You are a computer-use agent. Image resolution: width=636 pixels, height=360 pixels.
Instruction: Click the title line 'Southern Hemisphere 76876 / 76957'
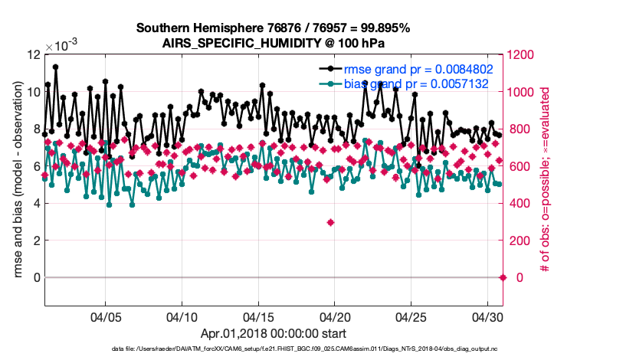pyautogui.click(x=273, y=28)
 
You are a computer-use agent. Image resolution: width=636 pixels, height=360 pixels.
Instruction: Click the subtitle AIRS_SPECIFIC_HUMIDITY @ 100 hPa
pyautogui.click(x=273, y=43)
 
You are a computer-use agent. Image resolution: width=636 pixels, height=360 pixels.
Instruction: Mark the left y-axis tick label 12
pyautogui.click(x=32, y=55)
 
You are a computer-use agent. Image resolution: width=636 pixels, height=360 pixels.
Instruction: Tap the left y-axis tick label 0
pyautogui.click(x=36, y=277)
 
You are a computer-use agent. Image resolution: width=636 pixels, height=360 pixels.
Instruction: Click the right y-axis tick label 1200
pyautogui.click(x=523, y=55)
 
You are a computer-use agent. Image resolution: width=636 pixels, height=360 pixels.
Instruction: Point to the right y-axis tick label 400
pyautogui.click(x=520, y=203)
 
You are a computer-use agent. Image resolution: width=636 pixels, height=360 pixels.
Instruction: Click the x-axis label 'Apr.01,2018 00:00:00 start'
pyautogui.click(x=273, y=333)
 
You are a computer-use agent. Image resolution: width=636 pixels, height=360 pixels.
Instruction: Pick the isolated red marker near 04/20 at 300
pyautogui.click(x=330, y=222)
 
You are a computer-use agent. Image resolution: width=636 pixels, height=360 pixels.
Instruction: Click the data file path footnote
pyautogui.click(x=273, y=349)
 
